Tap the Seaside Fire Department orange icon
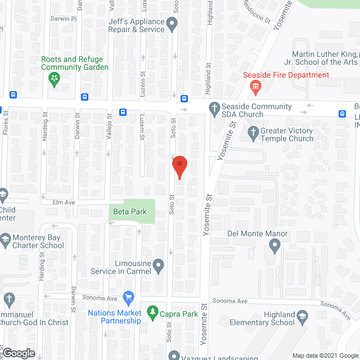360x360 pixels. coord(256,87)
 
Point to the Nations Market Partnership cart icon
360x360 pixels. coord(128,296)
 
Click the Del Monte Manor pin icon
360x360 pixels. coord(274,245)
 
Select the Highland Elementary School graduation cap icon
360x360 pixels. coord(301,315)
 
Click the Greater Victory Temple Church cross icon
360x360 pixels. coord(253,134)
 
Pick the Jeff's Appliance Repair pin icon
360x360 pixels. coord(172,24)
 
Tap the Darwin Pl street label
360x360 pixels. coord(65,19)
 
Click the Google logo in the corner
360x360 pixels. coord(18,353)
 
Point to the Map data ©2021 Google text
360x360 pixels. coord(325,354)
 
